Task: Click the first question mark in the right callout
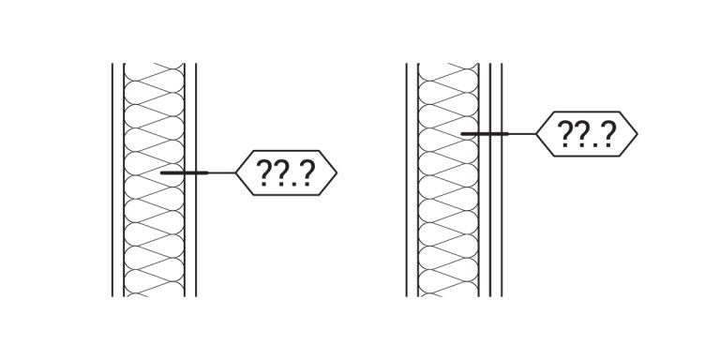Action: (565, 135)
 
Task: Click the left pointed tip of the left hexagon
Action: (235, 173)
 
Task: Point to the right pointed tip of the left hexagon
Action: (336, 173)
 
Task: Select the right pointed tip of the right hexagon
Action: (637, 134)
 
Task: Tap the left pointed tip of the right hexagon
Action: (536, 134)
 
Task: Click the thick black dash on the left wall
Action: (184, 173)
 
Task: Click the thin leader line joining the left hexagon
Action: (221, 173)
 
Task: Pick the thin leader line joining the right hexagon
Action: (522, 134)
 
